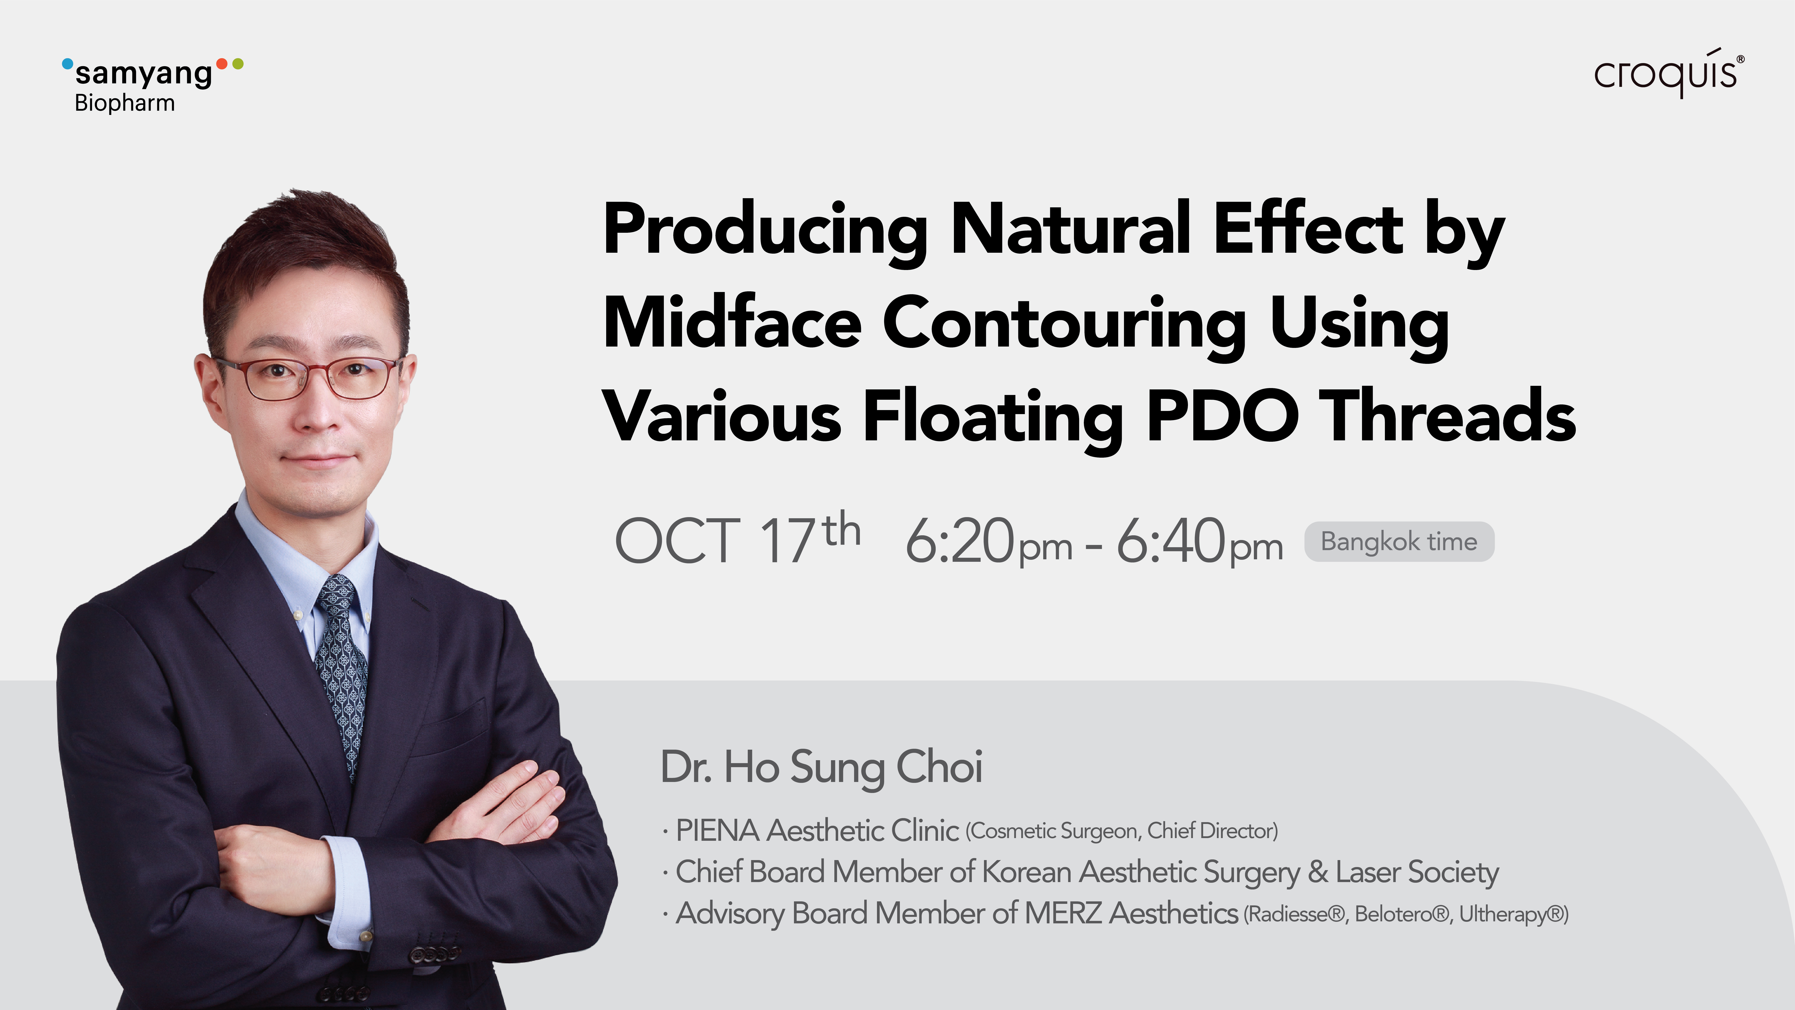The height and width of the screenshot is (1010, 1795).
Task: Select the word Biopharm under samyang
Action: pos(125,103)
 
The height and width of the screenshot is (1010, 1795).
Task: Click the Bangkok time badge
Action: pos(1399,542)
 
